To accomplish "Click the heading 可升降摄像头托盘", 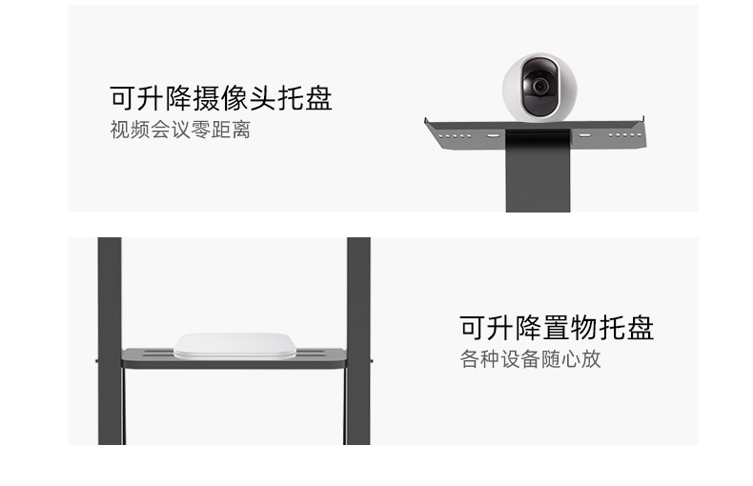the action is coord(221,97).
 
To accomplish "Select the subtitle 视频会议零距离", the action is coord(180,130).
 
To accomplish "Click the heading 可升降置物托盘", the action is coord(557,328).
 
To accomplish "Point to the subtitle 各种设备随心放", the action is coord(530,360).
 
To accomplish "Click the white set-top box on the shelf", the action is coord(234,345).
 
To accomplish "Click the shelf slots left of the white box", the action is coord(153,355).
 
